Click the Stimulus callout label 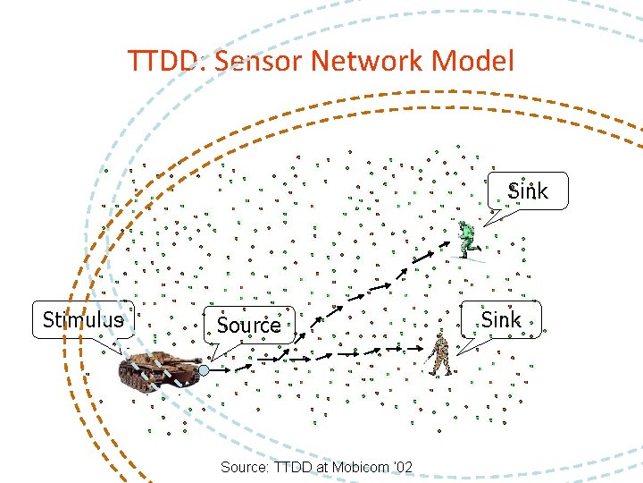tap(83, 320)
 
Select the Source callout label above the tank tap(249, 325)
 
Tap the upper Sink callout tap(528, 191)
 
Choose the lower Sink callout tap(501, 320)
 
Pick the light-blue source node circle tap(205, 369)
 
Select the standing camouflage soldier tap(438, 356)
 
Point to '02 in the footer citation tap(403, 467)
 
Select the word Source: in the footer tap(242, 467)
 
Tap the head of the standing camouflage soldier tap(438, 339)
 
